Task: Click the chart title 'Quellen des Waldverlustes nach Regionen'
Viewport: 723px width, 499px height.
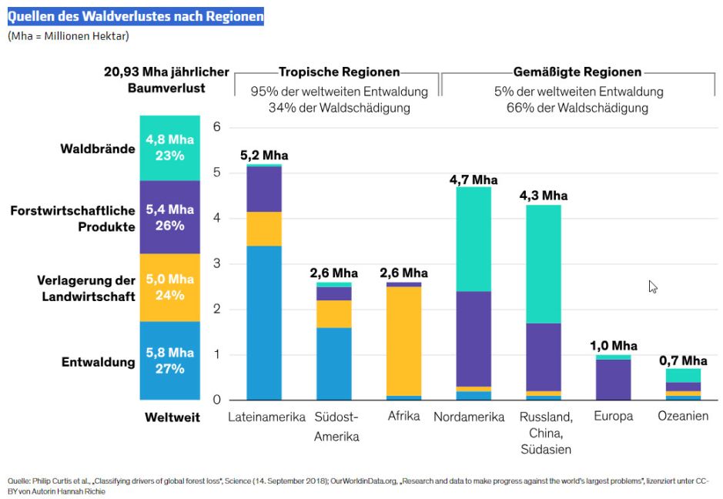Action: (136, 16)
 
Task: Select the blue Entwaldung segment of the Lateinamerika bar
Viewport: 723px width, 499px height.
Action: (263, 323)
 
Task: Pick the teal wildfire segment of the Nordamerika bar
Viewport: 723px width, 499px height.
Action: (474, 239)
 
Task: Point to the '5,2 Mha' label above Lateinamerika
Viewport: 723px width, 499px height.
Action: (263, 155)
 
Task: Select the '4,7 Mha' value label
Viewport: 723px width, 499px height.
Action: (474, 179)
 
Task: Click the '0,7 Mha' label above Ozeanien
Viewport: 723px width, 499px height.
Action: (683, 360)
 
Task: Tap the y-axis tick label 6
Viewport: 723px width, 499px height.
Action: (217, 127)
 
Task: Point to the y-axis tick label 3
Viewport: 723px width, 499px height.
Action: (217, 263)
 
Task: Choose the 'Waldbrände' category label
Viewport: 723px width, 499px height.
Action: (98, 148)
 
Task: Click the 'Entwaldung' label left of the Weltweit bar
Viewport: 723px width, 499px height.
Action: (99, 361)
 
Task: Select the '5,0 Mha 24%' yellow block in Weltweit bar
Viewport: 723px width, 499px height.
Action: (170, 287)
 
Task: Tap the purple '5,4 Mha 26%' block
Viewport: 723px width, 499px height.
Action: (170, 217)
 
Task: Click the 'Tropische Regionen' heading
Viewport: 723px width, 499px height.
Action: (339, 72)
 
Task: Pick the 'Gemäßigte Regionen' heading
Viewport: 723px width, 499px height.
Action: (578, 72)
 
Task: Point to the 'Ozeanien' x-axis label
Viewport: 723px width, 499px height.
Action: (683, 417)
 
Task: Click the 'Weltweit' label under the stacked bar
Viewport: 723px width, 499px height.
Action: (172, 417)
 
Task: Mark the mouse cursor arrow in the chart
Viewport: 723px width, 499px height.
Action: (653, 286)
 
